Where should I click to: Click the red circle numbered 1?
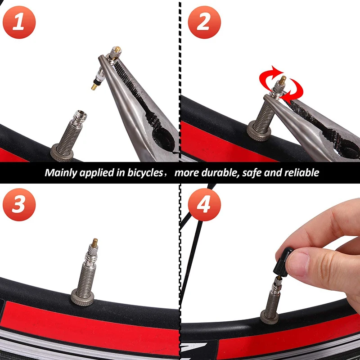coord(19,22)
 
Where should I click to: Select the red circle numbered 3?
coord(19,205)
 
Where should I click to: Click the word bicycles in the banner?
coord(143,173)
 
